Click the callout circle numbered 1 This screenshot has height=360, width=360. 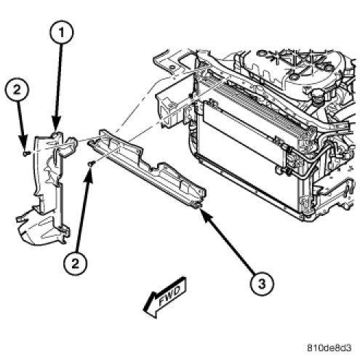click(x=61, y=32)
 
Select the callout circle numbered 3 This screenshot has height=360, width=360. click(x=262, y=284)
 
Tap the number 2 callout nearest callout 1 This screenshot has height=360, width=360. click(x=17, y=90)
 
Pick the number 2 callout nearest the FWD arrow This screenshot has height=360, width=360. click(x=75, y=263)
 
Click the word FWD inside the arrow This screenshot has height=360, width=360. click(x=170, y=295)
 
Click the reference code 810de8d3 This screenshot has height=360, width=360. click(x=329, y=348)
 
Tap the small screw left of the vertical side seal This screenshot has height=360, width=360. click(x=26, y=153)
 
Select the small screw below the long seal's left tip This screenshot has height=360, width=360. click(x=91, y=164)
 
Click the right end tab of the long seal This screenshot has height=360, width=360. click(x=198, y=206)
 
